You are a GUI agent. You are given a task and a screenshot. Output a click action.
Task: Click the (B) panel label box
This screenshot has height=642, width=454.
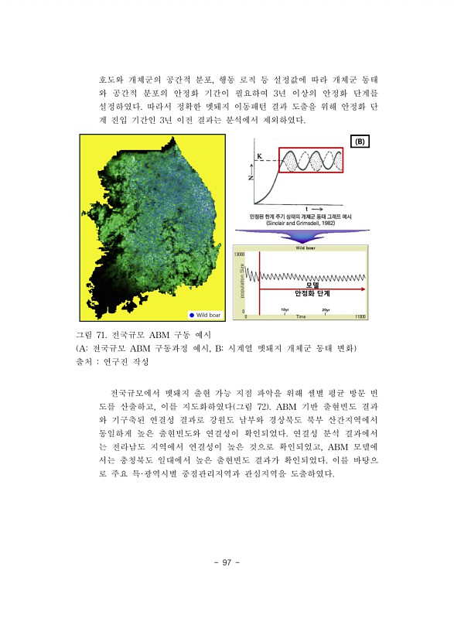[x=360, y=142]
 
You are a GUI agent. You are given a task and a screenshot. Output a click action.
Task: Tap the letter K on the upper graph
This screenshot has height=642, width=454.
[x=260, y=156]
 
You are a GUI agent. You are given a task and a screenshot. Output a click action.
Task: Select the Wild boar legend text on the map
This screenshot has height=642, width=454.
[x=209, y=315]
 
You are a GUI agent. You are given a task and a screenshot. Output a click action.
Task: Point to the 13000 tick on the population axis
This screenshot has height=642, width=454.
[x=240, y=254]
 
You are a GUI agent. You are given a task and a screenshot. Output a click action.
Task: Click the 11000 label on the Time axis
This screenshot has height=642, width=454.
[x=360, y=316]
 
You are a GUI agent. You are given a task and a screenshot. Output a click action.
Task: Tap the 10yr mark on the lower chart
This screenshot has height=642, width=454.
[x=286, y=309]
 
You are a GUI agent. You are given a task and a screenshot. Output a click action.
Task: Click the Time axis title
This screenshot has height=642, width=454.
[x=300, y=316]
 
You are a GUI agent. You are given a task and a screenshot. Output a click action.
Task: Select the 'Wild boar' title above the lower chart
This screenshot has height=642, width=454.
[x=304, y=248]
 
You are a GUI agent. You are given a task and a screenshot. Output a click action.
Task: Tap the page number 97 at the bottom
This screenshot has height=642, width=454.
[x=227, y=562]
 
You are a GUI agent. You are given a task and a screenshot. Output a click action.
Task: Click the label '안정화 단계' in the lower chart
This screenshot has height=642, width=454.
[x=312, y=294]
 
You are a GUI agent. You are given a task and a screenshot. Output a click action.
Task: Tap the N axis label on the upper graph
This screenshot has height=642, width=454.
[x=250, y=176]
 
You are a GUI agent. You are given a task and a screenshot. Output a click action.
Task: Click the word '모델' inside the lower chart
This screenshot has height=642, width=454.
[x=312, y=284]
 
